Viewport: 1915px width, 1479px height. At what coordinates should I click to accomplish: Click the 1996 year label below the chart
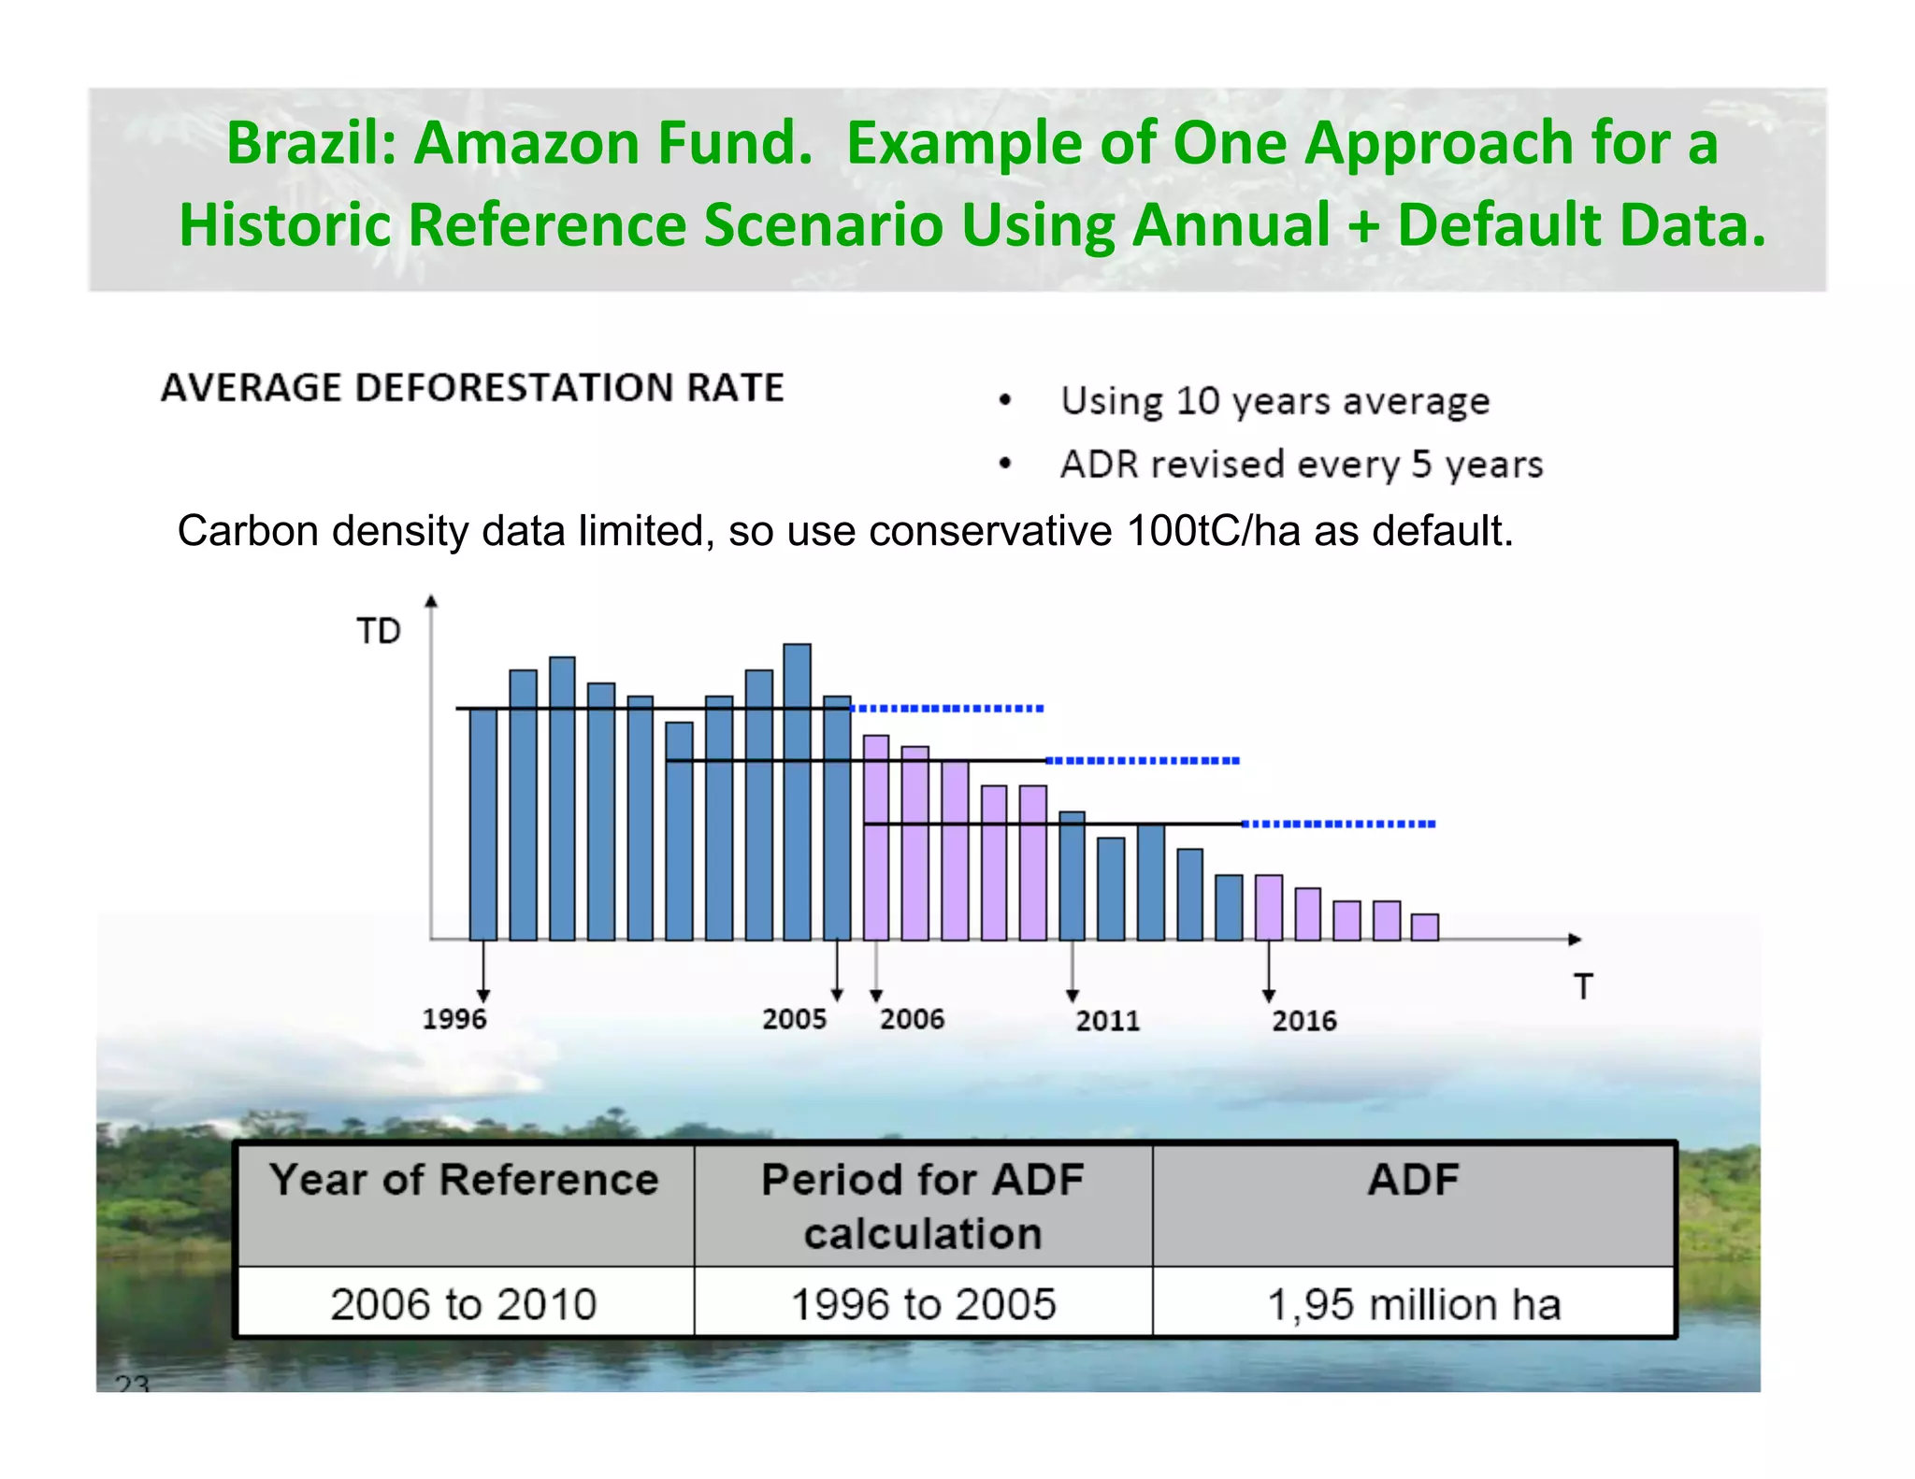[454, 1018]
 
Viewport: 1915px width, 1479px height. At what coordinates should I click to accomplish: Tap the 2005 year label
[794, 1018]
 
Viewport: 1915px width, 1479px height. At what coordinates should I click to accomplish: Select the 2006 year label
[912, 1018]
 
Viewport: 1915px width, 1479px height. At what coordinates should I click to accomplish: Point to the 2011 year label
[1107, 1020]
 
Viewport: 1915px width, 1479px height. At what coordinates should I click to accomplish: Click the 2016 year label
[1303, 1020]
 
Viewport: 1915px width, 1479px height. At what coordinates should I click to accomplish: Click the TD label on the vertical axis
[379, 632]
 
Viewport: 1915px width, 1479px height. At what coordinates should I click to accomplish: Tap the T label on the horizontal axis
[1582, 987]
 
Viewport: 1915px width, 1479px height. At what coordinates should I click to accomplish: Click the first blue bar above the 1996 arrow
[482, 823]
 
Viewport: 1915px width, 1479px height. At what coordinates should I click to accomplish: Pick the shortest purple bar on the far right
[1424, 926]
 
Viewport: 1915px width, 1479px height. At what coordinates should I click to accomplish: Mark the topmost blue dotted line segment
[947, 709]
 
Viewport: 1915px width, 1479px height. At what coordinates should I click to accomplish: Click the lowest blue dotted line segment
[1338, 824]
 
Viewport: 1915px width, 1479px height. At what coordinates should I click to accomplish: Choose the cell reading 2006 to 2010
[464, 1303]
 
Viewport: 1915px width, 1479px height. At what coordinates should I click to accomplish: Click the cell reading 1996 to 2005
[923, 1303]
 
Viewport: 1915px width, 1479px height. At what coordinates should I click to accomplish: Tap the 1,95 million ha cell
[1413, 1303]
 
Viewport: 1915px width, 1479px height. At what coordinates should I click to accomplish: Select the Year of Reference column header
[464, 1180]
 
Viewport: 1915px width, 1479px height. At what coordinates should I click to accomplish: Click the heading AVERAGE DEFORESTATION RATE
[472, 388]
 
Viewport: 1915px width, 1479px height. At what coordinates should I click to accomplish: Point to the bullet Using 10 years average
[1274, 401]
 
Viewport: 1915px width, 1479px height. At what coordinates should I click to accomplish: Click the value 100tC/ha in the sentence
[1214, 531]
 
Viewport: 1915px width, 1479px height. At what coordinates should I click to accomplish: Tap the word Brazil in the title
[311, 143]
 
